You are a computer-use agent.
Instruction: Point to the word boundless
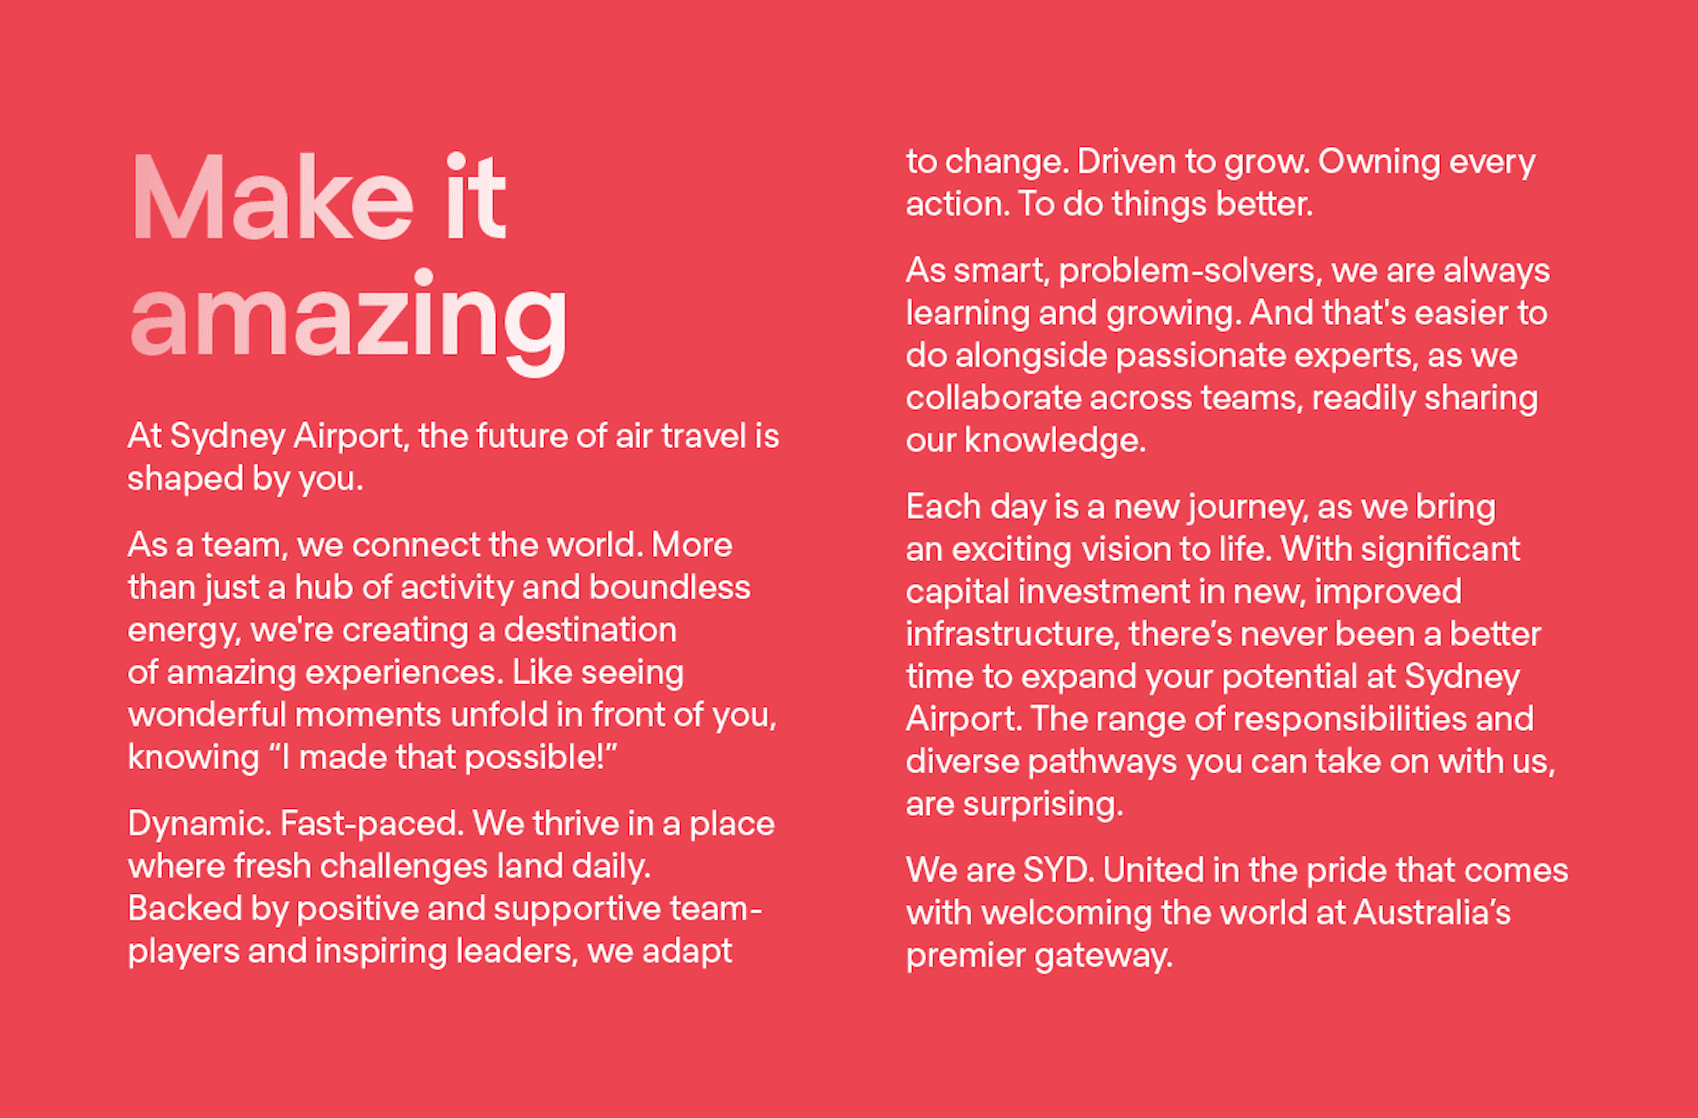[x=670, y=587]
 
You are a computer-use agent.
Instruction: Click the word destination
[x=590, y=629]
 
